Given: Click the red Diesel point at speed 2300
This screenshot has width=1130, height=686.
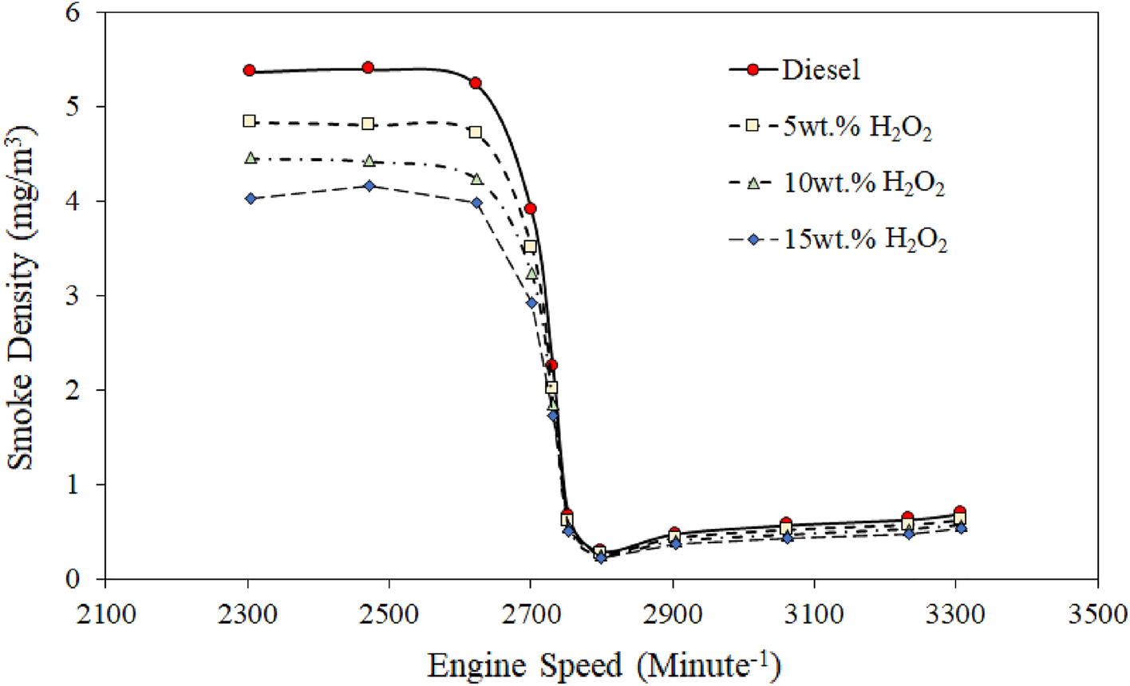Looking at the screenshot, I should pos(249,71).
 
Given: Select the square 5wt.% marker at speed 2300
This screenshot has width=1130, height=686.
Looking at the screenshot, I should pos(249,121).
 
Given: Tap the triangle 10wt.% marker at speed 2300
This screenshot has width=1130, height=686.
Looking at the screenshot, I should pos(251,158).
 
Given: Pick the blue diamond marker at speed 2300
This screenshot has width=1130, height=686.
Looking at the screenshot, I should pos(251,199).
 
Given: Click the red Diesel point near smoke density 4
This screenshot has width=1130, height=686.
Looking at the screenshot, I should pos(530,209).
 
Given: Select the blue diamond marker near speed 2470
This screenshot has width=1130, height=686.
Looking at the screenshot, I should pos(369,186).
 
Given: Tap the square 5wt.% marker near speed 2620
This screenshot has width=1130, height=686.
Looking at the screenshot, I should pos(476,132).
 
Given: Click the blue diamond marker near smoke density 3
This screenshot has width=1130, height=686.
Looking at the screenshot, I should pos(531,303).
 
